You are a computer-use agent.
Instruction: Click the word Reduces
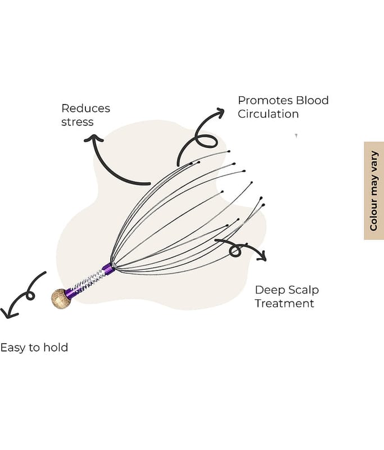[85, 108]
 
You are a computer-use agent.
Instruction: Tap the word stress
[77, 121]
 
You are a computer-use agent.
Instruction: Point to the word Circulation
[268, 114]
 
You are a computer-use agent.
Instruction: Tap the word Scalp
[304, 290]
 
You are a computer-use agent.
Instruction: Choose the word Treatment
[284, 304]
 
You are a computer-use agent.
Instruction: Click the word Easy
[12, 348]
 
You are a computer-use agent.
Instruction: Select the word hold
[56, 347]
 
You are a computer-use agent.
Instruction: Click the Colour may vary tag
[373, 190]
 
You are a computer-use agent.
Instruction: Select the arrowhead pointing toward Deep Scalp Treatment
[261, 256]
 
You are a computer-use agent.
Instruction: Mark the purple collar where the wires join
[107, 268]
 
